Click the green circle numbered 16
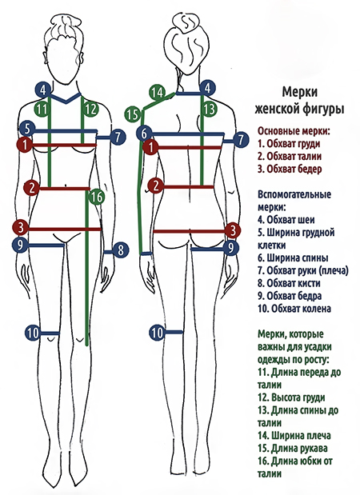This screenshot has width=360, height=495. pos(96,198)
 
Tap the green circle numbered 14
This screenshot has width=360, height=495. pos(157,93)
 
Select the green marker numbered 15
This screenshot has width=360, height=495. pos(133,114)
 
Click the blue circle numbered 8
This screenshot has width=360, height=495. pos(120,250)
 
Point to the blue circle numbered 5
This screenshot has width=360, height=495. pos(27,129)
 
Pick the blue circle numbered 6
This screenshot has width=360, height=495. pos(144,134)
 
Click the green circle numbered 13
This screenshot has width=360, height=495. pos(209,109)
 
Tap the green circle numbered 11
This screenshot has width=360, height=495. pos(41,110)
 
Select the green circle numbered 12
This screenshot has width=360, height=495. pos(90,110)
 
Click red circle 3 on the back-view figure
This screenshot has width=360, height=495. pos(233,230)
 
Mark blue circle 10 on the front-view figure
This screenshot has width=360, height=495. pos(33,333)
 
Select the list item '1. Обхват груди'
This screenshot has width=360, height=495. pos(289,144)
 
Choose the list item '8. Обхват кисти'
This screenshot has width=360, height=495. pos(289,283)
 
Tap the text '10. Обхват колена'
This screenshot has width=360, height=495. pos(294,309)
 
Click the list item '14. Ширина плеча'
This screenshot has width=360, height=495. pos(294,436)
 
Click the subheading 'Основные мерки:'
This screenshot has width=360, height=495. pos(294,131)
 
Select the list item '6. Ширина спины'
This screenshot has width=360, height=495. pos(293,258)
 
